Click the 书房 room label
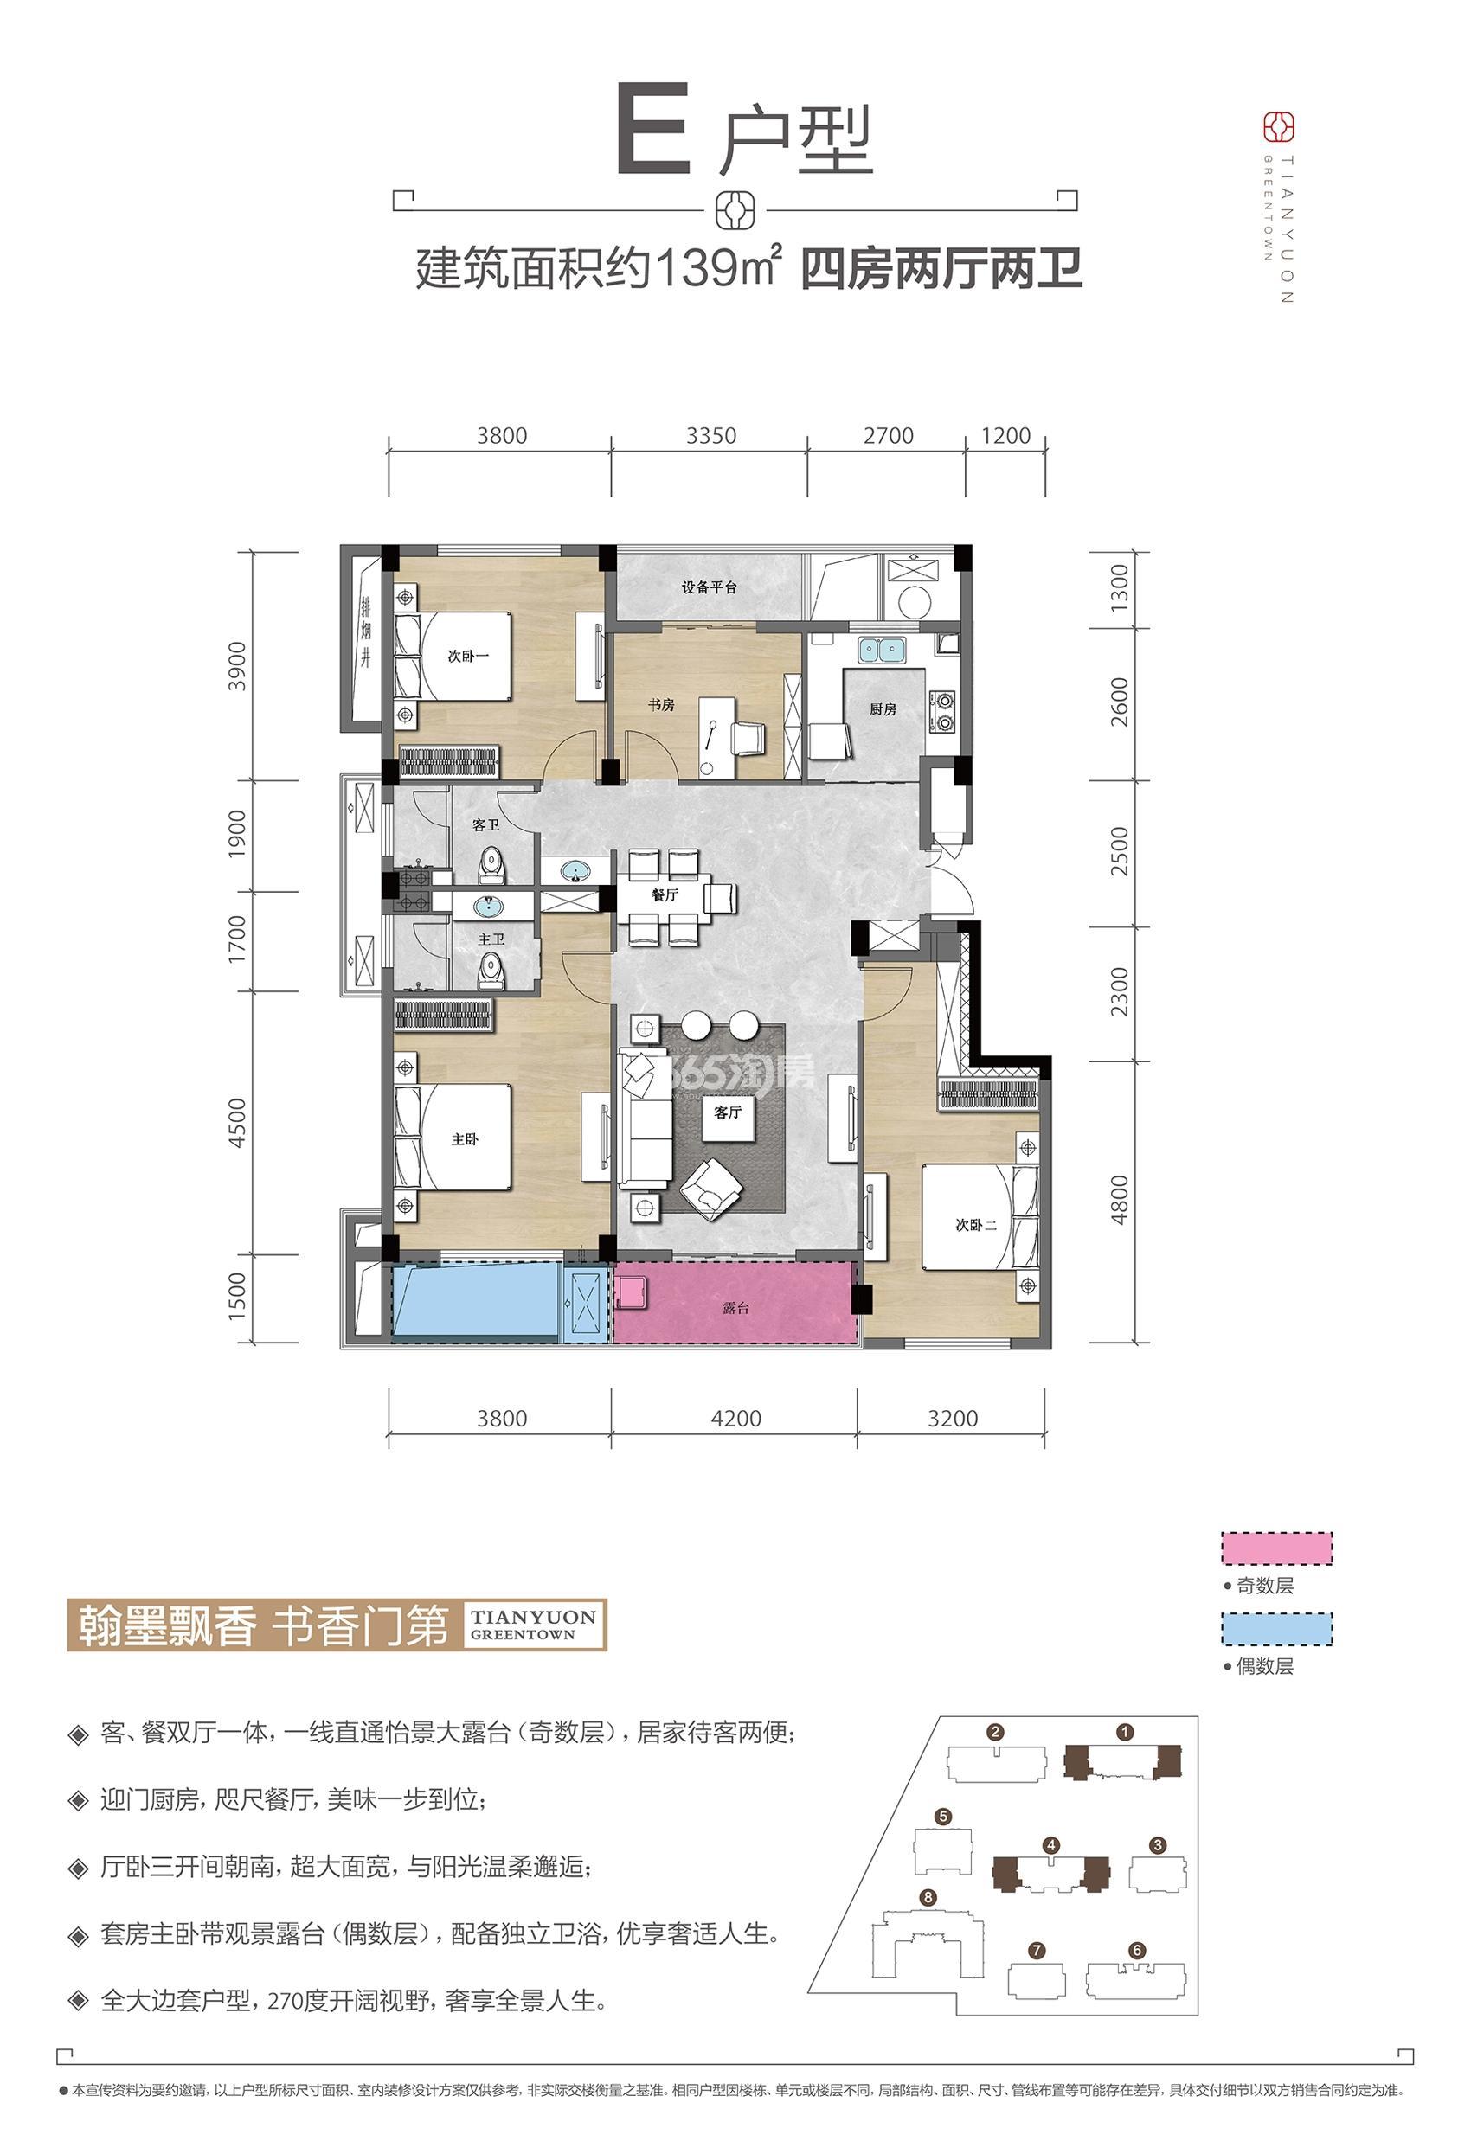click(661, 705)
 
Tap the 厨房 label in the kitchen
click(883, 709)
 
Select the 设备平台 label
click(709, 587)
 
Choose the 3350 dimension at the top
click(711, 436)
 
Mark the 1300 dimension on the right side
click(1119, 586)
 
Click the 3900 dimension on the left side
click(238, 665)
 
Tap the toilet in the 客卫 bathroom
click(491, 868)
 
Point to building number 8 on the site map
click(928, 1898)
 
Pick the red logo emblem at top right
click(1280, 126)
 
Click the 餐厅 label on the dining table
click(665, 895)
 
